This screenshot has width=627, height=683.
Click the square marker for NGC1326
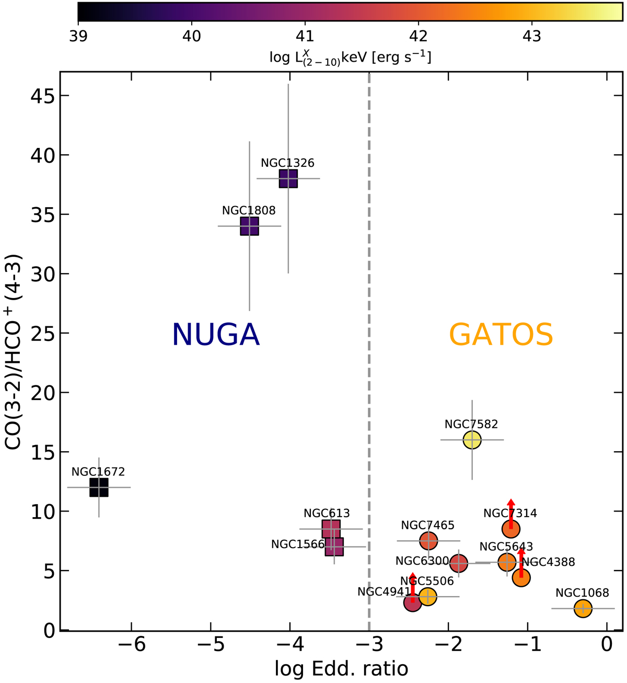pos(288,178)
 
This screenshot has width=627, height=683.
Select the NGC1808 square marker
pos(249,226)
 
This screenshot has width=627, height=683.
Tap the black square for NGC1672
pos(99,487)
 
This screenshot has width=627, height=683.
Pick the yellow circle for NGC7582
pos(472,440)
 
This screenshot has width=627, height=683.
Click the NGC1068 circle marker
pos(583,608)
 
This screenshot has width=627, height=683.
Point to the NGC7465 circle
pos(428,540)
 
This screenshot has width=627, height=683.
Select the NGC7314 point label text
pos(510,513)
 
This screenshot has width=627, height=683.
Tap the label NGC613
pos(327,514)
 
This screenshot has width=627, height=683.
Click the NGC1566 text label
pos(298,544)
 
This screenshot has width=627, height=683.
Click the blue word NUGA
pos(216,335)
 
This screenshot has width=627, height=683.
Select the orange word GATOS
pos(501,335)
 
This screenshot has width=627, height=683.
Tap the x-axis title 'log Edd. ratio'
pos(341,668)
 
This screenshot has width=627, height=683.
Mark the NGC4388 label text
pos(549,562)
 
